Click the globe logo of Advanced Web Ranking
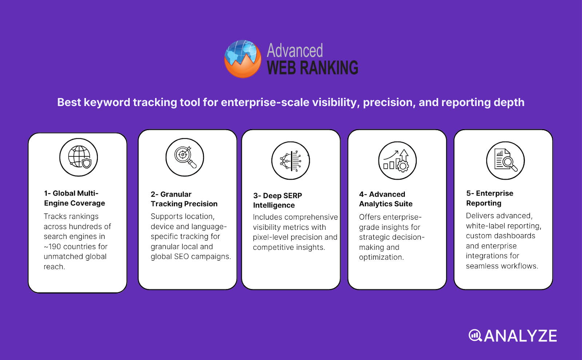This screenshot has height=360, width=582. click(x=243, y=59)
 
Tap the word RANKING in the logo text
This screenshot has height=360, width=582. click(x=329, y=68)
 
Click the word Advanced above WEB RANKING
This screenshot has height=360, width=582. click(x=295, y=51)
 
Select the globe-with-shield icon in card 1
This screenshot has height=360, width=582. click(x=79, y=157)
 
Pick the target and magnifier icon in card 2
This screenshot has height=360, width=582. click(x=185, y=157)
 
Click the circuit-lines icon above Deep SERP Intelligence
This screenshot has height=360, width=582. click(x=291, y=161)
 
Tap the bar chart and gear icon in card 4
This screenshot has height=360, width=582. click(x=397, y=161)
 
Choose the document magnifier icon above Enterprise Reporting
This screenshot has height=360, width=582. click(x=505, y=161)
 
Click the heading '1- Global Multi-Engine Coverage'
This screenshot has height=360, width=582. click(x=75, y=198)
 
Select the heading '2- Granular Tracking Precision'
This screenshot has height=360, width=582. click(x=184, y=199)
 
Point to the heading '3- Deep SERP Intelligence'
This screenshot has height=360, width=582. click(x=278, y=200)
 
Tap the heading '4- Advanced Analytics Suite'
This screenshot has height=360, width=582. click(x=386, y=199)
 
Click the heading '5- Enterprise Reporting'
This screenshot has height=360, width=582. click(x=490, y=198)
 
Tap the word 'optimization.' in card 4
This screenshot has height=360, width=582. click(x=381, y=257)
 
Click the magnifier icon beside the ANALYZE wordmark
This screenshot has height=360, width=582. click(x=475, y=335)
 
